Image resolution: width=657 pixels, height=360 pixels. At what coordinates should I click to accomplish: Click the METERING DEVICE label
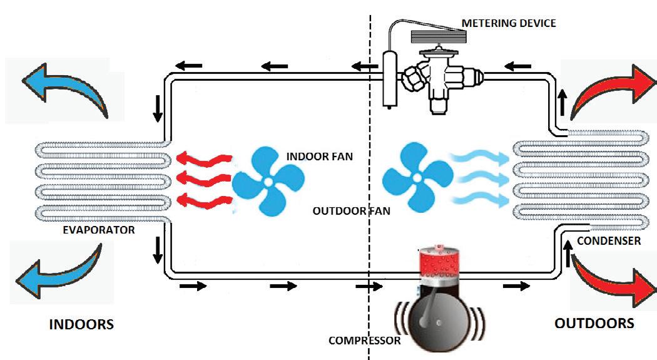[x=508, y=23]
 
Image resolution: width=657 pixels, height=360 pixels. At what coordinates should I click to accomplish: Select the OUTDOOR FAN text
[x=352, y=211]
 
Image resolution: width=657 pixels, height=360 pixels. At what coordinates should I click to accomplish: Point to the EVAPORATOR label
[x=99, y=230]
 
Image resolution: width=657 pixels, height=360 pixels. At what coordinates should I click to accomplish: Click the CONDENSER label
[x=609, y=240]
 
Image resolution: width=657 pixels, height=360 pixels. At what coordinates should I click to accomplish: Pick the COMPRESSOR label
[x=364, y=341]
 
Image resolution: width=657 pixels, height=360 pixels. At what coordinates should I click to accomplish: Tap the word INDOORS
[x=81, y=324]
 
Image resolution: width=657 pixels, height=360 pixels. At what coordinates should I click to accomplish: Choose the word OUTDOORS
[x=594, y=323]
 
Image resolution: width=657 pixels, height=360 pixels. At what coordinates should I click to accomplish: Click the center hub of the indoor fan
[x=268, y=182]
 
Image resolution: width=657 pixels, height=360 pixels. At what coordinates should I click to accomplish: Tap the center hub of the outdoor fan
[x=416, y=175]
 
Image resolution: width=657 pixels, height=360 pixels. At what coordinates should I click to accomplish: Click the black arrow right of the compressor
[x=516, y=286]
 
